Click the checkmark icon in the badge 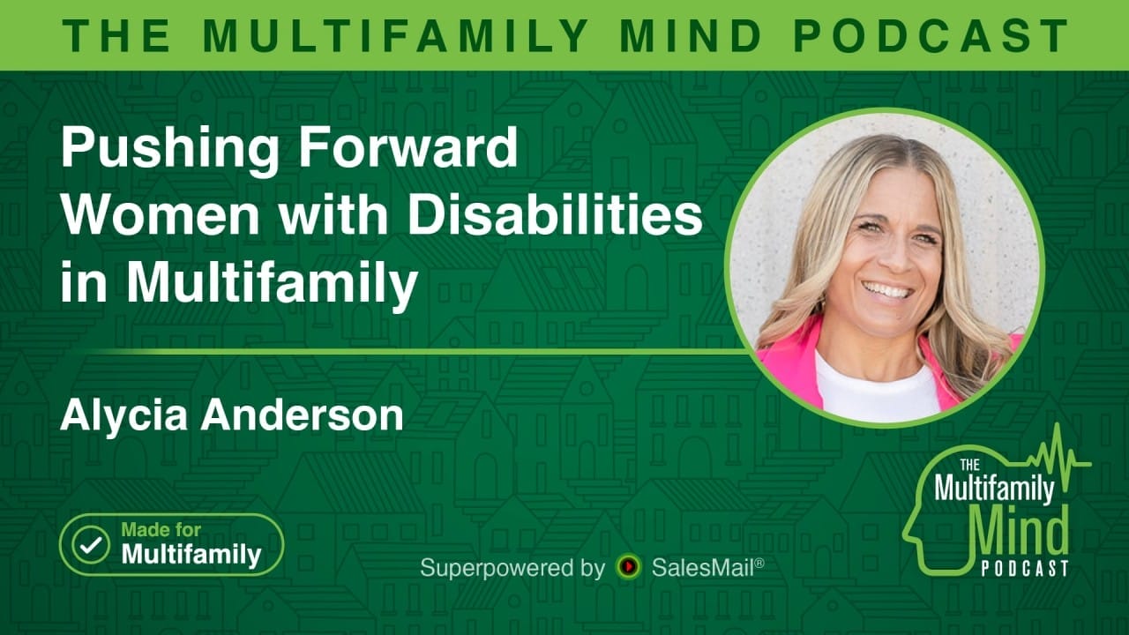(90, 545)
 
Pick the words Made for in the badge (161, 530)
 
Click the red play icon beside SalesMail (628, 567)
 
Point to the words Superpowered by (512, 567)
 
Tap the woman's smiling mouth (885, 290)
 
